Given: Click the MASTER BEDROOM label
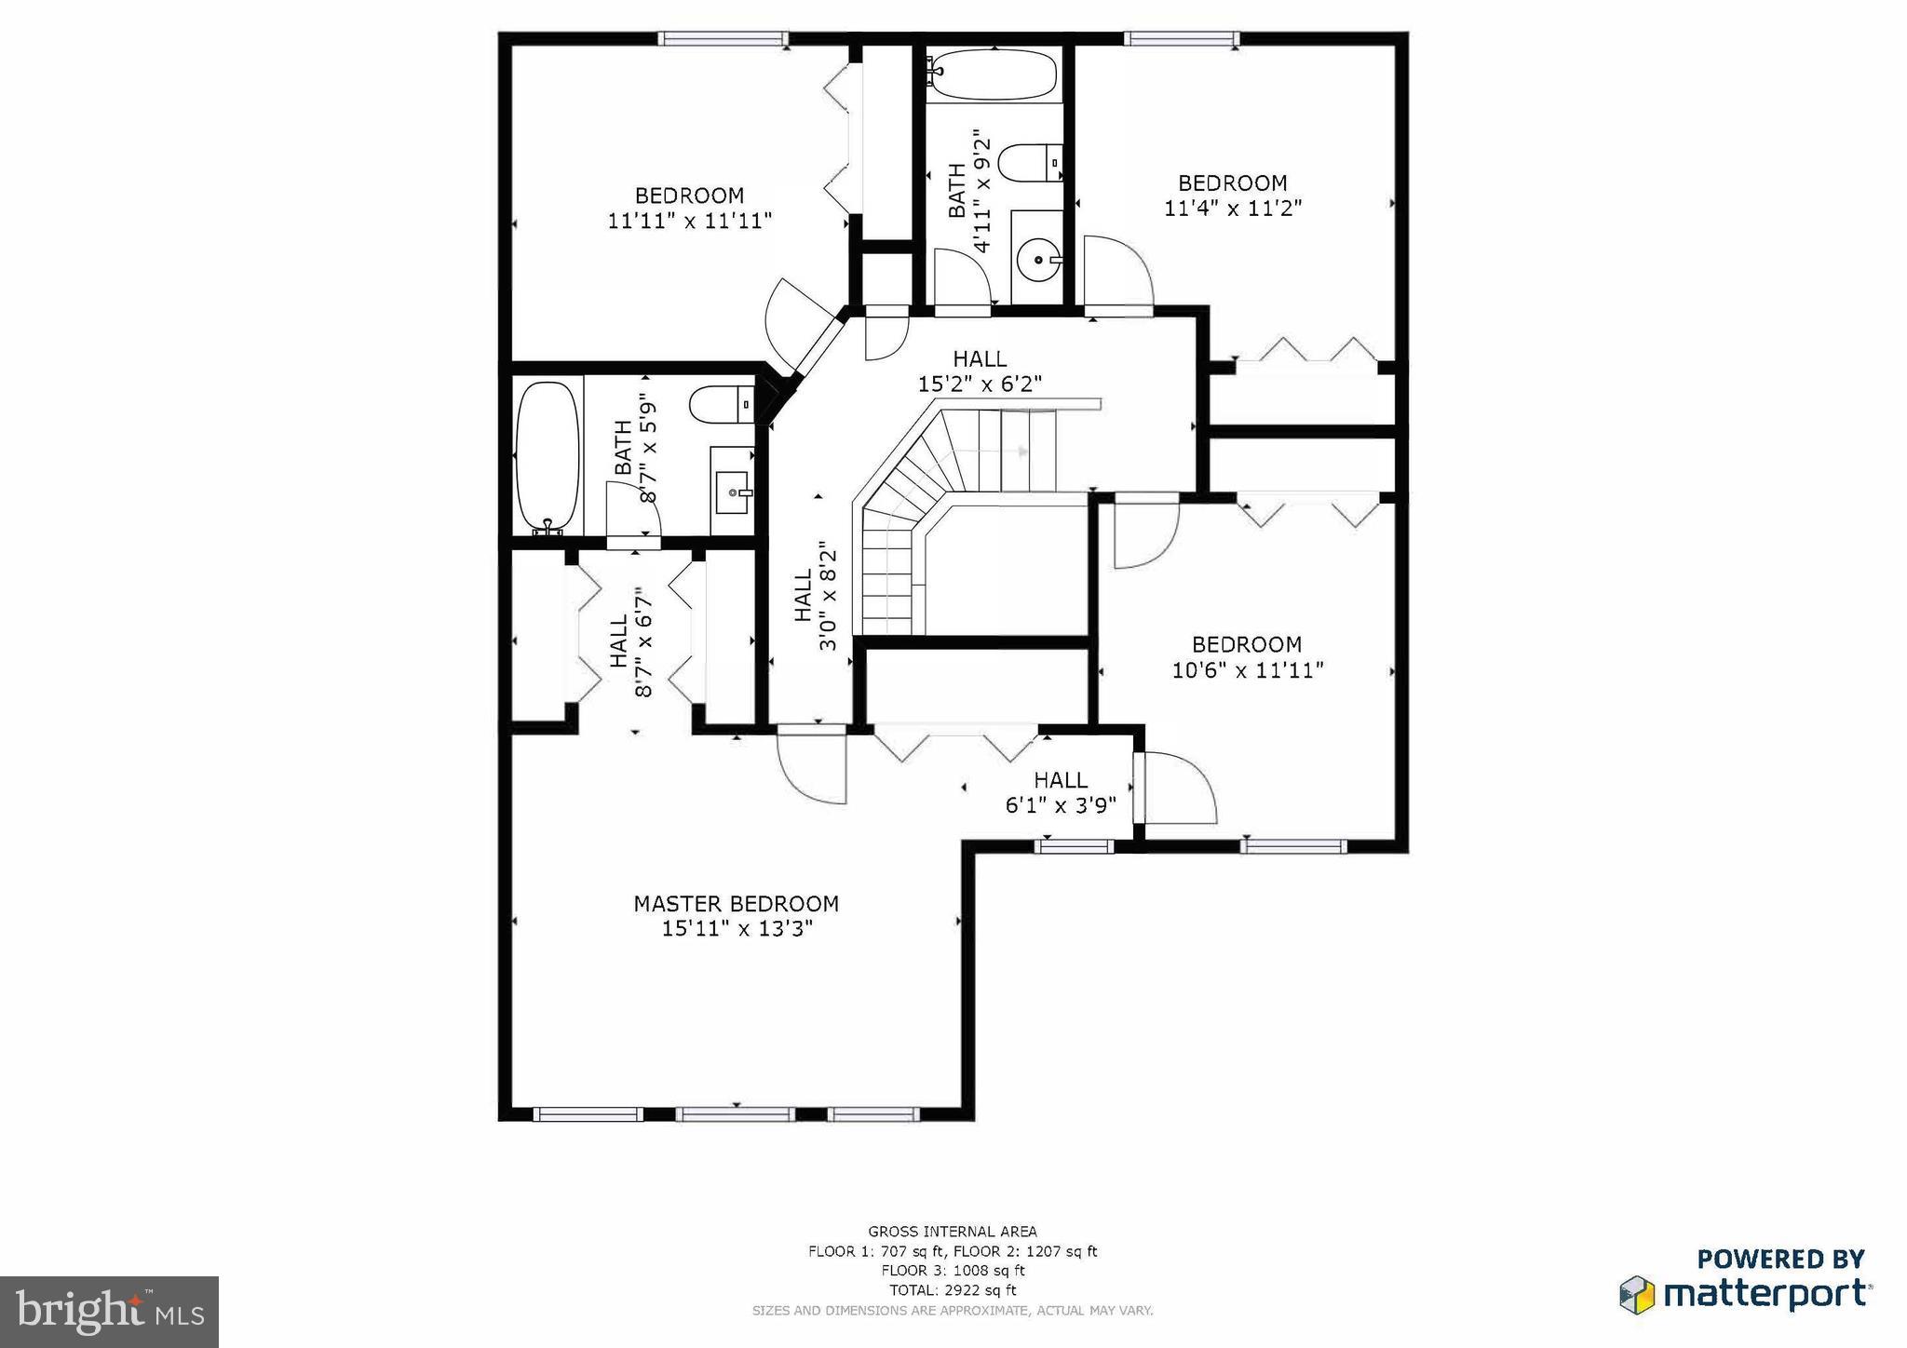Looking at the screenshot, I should tap(736, 904).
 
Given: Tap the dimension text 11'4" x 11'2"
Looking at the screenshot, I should tap(1232, 208).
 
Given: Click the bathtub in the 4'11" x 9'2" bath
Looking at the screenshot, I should tap(994, 74).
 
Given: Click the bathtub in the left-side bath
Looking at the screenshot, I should tap(548, 455).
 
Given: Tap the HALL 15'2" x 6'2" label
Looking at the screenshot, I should tap(980, 371).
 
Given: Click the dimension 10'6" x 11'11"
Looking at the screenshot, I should tap(1247, 670).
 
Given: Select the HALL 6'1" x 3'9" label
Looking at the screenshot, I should tap(1061, 792).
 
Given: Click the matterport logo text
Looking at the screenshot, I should tap(1765, 1295).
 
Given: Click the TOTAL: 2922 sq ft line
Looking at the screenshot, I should tap(953, 1290).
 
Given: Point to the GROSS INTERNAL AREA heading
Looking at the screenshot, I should tap(953, 1232).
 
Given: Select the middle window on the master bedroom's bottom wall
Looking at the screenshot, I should tap(736, 1113).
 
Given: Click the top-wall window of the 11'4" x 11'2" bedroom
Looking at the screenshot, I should tap(1181, 38).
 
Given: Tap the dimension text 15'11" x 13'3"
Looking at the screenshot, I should tap(737, 928).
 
